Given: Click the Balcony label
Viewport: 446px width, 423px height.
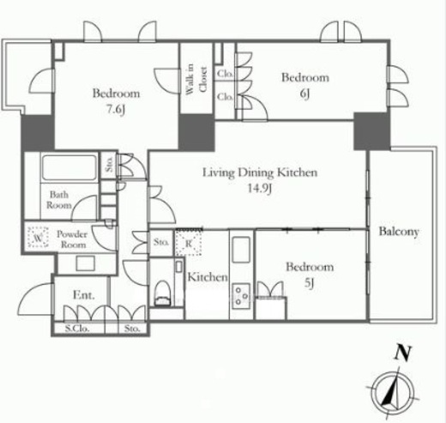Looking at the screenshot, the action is (399, 232).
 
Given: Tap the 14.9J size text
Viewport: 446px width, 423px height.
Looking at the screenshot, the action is (260, 189).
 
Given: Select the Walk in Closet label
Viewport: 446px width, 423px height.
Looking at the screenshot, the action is (196, 79).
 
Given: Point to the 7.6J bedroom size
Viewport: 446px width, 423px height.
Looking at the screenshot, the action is (116, 110).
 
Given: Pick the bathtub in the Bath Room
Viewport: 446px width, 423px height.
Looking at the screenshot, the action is (69, 167).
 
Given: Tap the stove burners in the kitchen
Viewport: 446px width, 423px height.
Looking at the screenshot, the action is (241, 296).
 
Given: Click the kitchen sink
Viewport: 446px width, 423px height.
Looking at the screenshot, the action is (241, 250).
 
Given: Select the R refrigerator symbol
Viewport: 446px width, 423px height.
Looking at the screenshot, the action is (189, 243).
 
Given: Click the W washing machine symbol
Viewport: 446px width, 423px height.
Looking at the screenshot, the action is (38, 238).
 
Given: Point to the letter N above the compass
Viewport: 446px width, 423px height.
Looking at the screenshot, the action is (402, 353).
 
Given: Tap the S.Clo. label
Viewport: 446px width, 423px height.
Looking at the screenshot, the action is (77, 329).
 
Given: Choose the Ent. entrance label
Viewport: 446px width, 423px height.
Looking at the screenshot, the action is (84, 295).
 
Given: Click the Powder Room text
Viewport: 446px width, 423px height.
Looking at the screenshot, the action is (72, 239).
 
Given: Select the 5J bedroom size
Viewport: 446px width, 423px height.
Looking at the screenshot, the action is (310, 283).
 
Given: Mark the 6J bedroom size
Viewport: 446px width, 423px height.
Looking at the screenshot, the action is (304, 94).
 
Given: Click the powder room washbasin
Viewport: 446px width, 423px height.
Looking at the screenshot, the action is (86, 263).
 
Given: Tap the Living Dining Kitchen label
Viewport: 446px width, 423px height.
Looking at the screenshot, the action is (260, 172).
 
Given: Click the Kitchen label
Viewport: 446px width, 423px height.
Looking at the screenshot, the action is (208, 277).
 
